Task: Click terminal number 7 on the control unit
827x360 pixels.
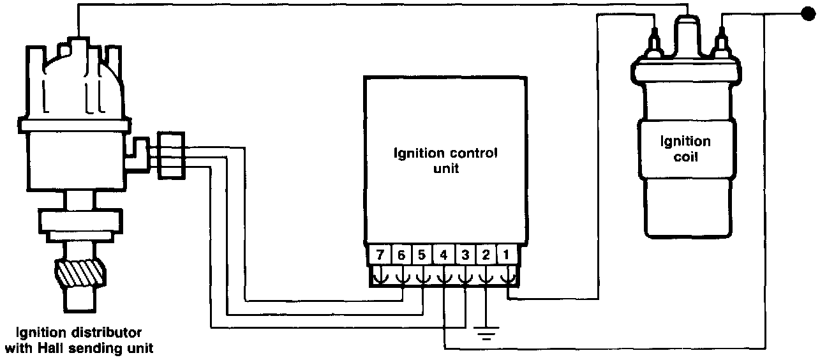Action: coord(380,255)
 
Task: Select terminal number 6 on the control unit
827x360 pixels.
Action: coord(401,255)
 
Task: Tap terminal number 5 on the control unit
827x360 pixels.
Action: coord(422,255)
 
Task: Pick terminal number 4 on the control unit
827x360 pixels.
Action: coord(443,255)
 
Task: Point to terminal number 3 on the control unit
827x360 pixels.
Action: coord(465,255)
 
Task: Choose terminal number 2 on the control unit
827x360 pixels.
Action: coord(486,255)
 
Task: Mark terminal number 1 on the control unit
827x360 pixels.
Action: coord(507,255)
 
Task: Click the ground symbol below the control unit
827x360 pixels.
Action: coord(486,332)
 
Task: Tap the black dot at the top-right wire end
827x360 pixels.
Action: coord(808,13)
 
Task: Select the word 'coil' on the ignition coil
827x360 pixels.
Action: coord(685,156)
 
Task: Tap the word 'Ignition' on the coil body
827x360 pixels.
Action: coord(685,141)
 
